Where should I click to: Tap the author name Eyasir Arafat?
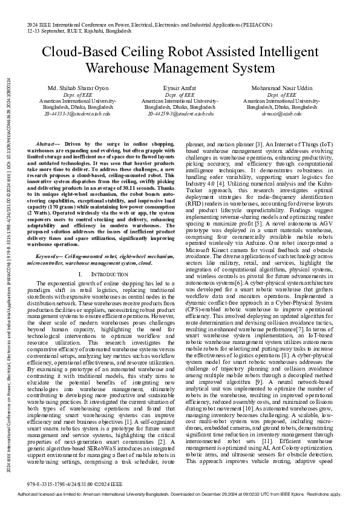tap(180, 88)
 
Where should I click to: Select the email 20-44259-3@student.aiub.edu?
tap(180, 113)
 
